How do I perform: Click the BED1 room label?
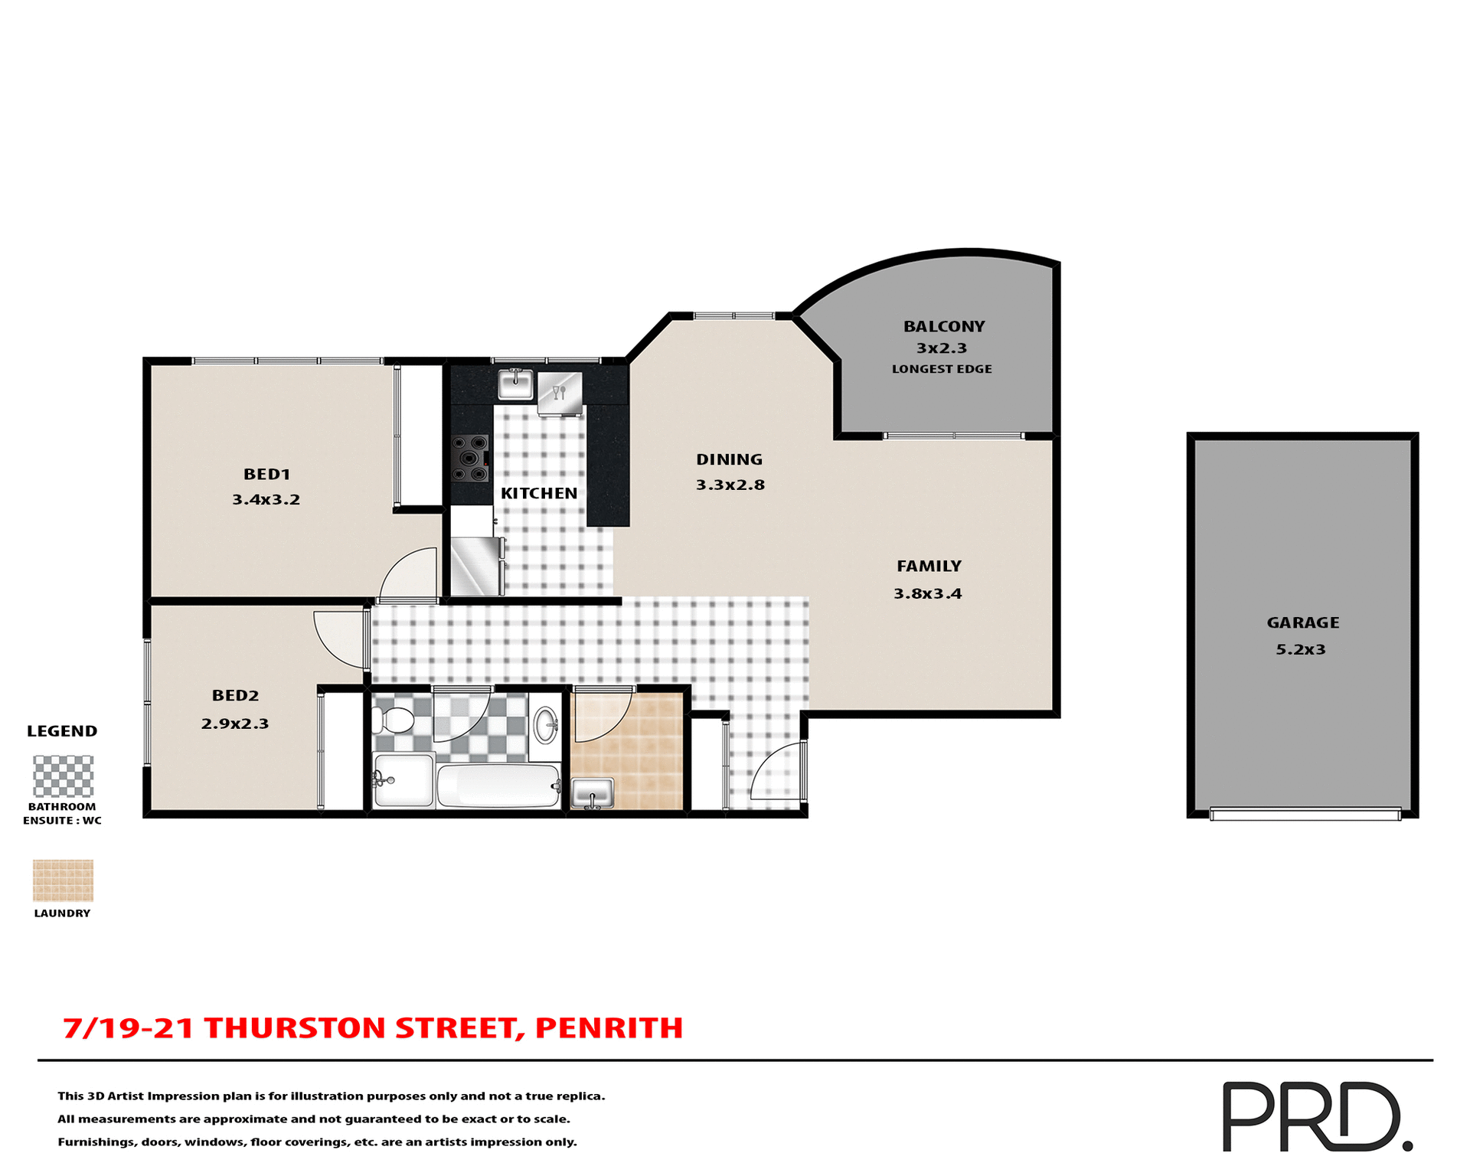266,475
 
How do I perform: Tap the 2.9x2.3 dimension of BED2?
235,724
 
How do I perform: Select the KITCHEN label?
539,494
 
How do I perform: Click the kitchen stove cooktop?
470,459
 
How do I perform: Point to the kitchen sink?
515,384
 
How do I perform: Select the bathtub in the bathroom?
498,786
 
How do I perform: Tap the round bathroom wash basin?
546,724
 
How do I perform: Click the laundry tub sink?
593,792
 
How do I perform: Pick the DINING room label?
729,459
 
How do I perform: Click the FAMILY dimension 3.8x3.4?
927,593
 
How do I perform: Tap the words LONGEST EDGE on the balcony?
942,369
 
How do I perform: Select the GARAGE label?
1302,622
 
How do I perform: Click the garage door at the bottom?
1305,814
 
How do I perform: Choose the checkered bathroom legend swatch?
63,776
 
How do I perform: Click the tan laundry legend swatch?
63,880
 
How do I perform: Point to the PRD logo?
1316,1116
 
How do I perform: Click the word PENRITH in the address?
609,1027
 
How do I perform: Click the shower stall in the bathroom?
403,779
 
